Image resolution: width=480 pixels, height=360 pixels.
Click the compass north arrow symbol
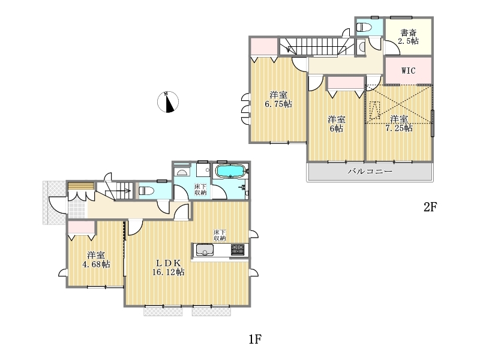point(168,102)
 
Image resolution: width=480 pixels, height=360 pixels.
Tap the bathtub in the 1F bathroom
point(231,171)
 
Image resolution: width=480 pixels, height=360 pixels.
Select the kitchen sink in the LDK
point(205,250)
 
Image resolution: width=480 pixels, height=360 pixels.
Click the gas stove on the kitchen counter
point(238,250)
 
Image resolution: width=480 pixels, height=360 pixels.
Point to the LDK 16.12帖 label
point(169,267)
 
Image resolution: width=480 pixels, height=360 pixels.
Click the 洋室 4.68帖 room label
point(96,260)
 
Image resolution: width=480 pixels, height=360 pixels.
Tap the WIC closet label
point(409,71)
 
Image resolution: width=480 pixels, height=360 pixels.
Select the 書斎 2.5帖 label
point(409,37)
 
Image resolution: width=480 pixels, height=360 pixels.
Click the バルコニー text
point(370,171)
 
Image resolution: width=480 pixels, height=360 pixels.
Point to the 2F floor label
point(430,207)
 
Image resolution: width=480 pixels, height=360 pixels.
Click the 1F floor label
point(255,339)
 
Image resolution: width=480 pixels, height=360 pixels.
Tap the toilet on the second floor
point(364,28)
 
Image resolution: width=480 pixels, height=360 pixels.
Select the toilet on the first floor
point(146,191)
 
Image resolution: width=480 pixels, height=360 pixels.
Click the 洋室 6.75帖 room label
point(278,100)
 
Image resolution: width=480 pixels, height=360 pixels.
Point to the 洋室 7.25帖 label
point(399,124)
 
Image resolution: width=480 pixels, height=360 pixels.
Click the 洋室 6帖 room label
point(337,124)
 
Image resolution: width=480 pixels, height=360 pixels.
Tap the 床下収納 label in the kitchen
point(220,235)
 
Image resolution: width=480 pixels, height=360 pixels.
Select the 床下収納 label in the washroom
point(201,190)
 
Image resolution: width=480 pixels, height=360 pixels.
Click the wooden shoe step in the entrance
point(81,186)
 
